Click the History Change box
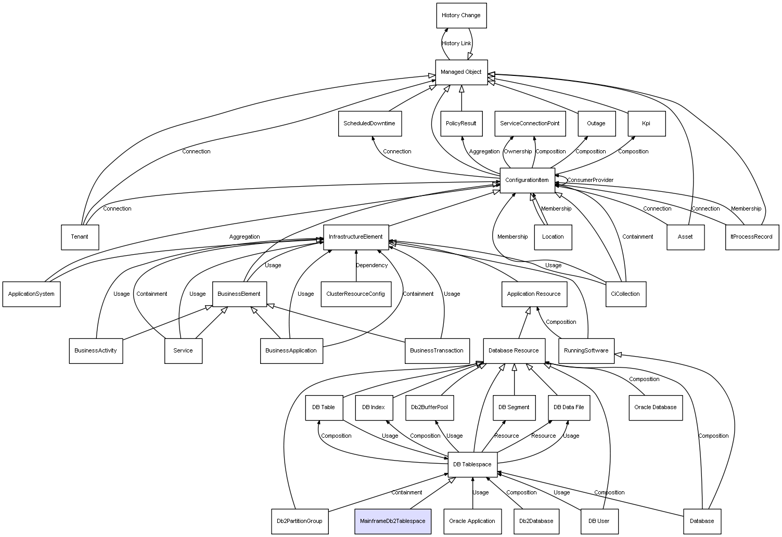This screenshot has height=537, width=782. coord(461,16)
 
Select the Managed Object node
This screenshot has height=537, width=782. coord(461,72)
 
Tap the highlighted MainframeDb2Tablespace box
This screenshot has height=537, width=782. coord(393,521)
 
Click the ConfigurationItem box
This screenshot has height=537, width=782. coord(527,180)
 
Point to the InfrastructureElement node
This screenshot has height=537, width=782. coord(356,237)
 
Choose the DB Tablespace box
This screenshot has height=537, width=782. coord(472,464)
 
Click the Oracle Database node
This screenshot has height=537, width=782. coord(655,407)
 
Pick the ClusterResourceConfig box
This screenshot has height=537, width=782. coord(356,294)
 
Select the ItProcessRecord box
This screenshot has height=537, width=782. coord(751,237)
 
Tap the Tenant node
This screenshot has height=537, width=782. coord(80,237)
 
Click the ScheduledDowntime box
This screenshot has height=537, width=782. coord(369,124)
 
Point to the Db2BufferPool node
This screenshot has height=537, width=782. coord(429,407)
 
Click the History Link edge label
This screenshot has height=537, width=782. coord(456,44)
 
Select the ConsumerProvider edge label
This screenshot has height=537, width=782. coord(590,180)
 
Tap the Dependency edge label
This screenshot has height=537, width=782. coord(371,266)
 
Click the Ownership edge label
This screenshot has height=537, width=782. coord(518,152)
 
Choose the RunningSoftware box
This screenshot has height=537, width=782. coord(586,350)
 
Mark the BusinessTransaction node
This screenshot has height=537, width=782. coord(437,350)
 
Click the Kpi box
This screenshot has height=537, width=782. coord(646,124)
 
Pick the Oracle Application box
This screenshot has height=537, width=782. coord(472,521)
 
